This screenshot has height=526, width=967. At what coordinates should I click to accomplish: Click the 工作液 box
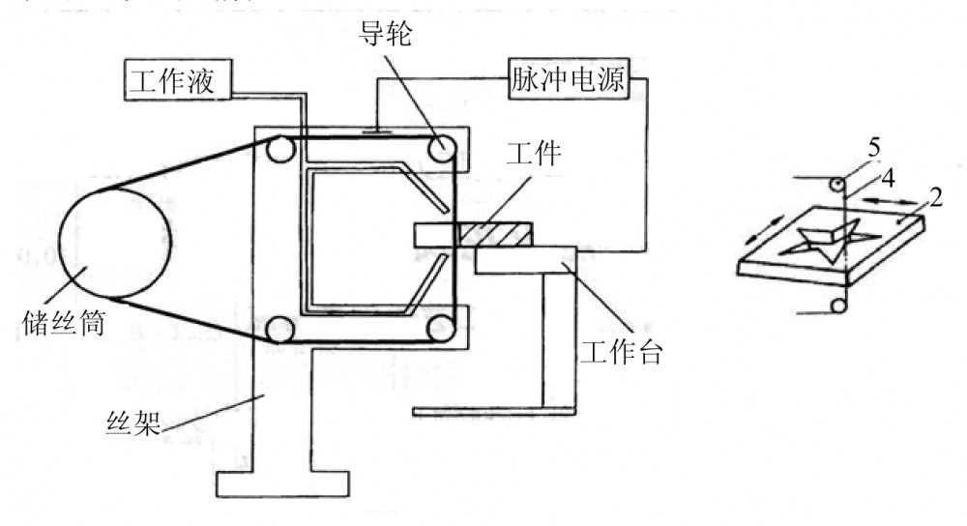[x=177, y=78]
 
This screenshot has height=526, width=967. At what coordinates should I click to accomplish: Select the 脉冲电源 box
[x=568, y=79]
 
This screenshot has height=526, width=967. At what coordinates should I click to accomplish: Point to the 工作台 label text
[x=621, y=353]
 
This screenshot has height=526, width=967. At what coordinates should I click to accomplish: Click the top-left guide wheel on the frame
[x=281, y=148]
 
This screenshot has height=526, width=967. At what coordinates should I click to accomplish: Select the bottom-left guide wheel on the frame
[x=281, y=328]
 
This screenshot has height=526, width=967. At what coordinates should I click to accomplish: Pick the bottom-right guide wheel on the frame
[x=443, y=328]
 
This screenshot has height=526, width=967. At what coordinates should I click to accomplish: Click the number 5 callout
[x=873, y=150]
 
